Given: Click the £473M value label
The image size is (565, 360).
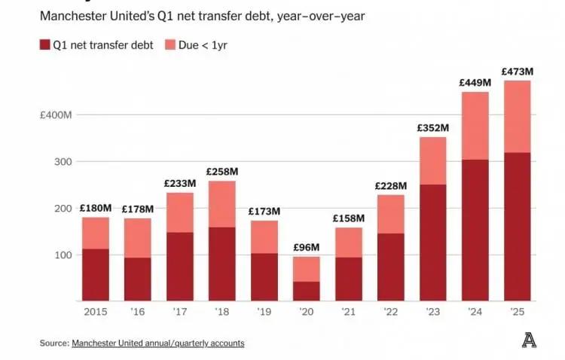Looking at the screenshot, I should click(x=517, y=72).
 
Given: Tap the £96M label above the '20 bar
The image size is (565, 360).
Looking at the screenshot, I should click(x=306, y=248).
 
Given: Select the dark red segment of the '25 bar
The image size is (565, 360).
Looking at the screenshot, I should click(x=517, y=227).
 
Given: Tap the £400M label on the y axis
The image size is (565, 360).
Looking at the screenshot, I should click(x=56, y=114).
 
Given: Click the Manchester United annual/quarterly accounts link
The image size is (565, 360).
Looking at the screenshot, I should click(x=158, y=343).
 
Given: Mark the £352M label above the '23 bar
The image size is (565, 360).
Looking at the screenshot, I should click(x=432, y=128).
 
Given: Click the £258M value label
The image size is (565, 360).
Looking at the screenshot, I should click(x=221, y=172).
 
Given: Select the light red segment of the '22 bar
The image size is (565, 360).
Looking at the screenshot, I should click(x=390, y=214).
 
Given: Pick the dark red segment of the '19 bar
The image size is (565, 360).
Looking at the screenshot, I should click(x=264, y=277).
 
